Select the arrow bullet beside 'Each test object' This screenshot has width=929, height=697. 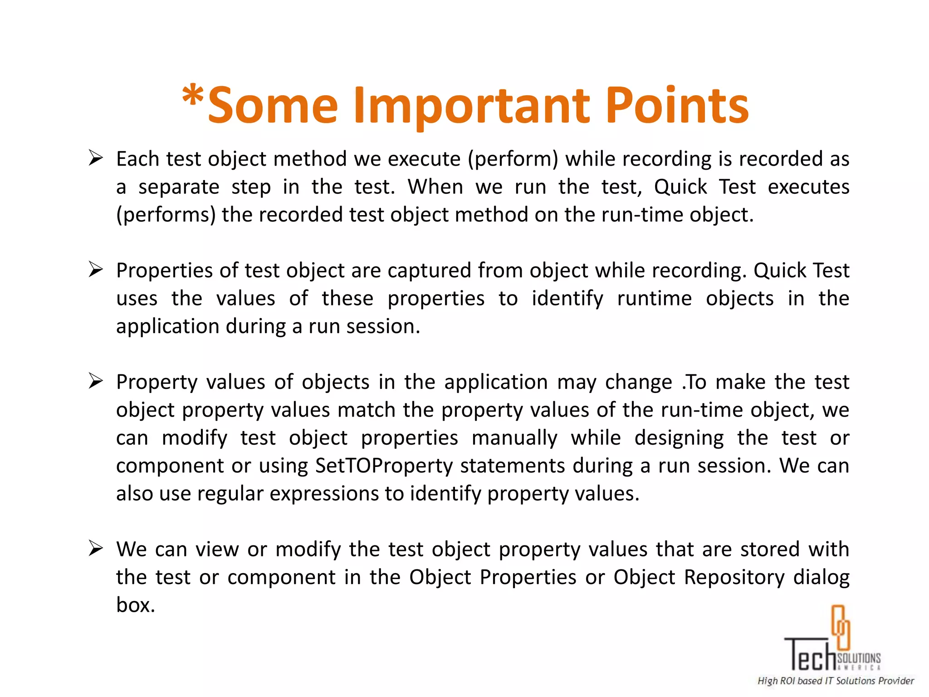[x=96, y=158]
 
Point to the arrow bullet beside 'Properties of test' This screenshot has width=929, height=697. [x=96, y=270]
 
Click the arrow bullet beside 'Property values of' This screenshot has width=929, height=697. [x=96, y=381]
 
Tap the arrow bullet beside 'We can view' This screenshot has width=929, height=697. [x=96, y=549]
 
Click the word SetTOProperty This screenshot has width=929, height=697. [x=384, y=466]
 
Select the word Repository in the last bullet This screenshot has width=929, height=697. [x=734, y=578]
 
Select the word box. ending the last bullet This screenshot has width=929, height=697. [x=135, y=605]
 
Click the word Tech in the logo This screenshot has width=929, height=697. [x=810, y=654]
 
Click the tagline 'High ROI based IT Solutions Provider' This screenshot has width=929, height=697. [x=835, y=681]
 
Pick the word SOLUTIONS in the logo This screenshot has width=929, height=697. [x=859, y=658]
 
